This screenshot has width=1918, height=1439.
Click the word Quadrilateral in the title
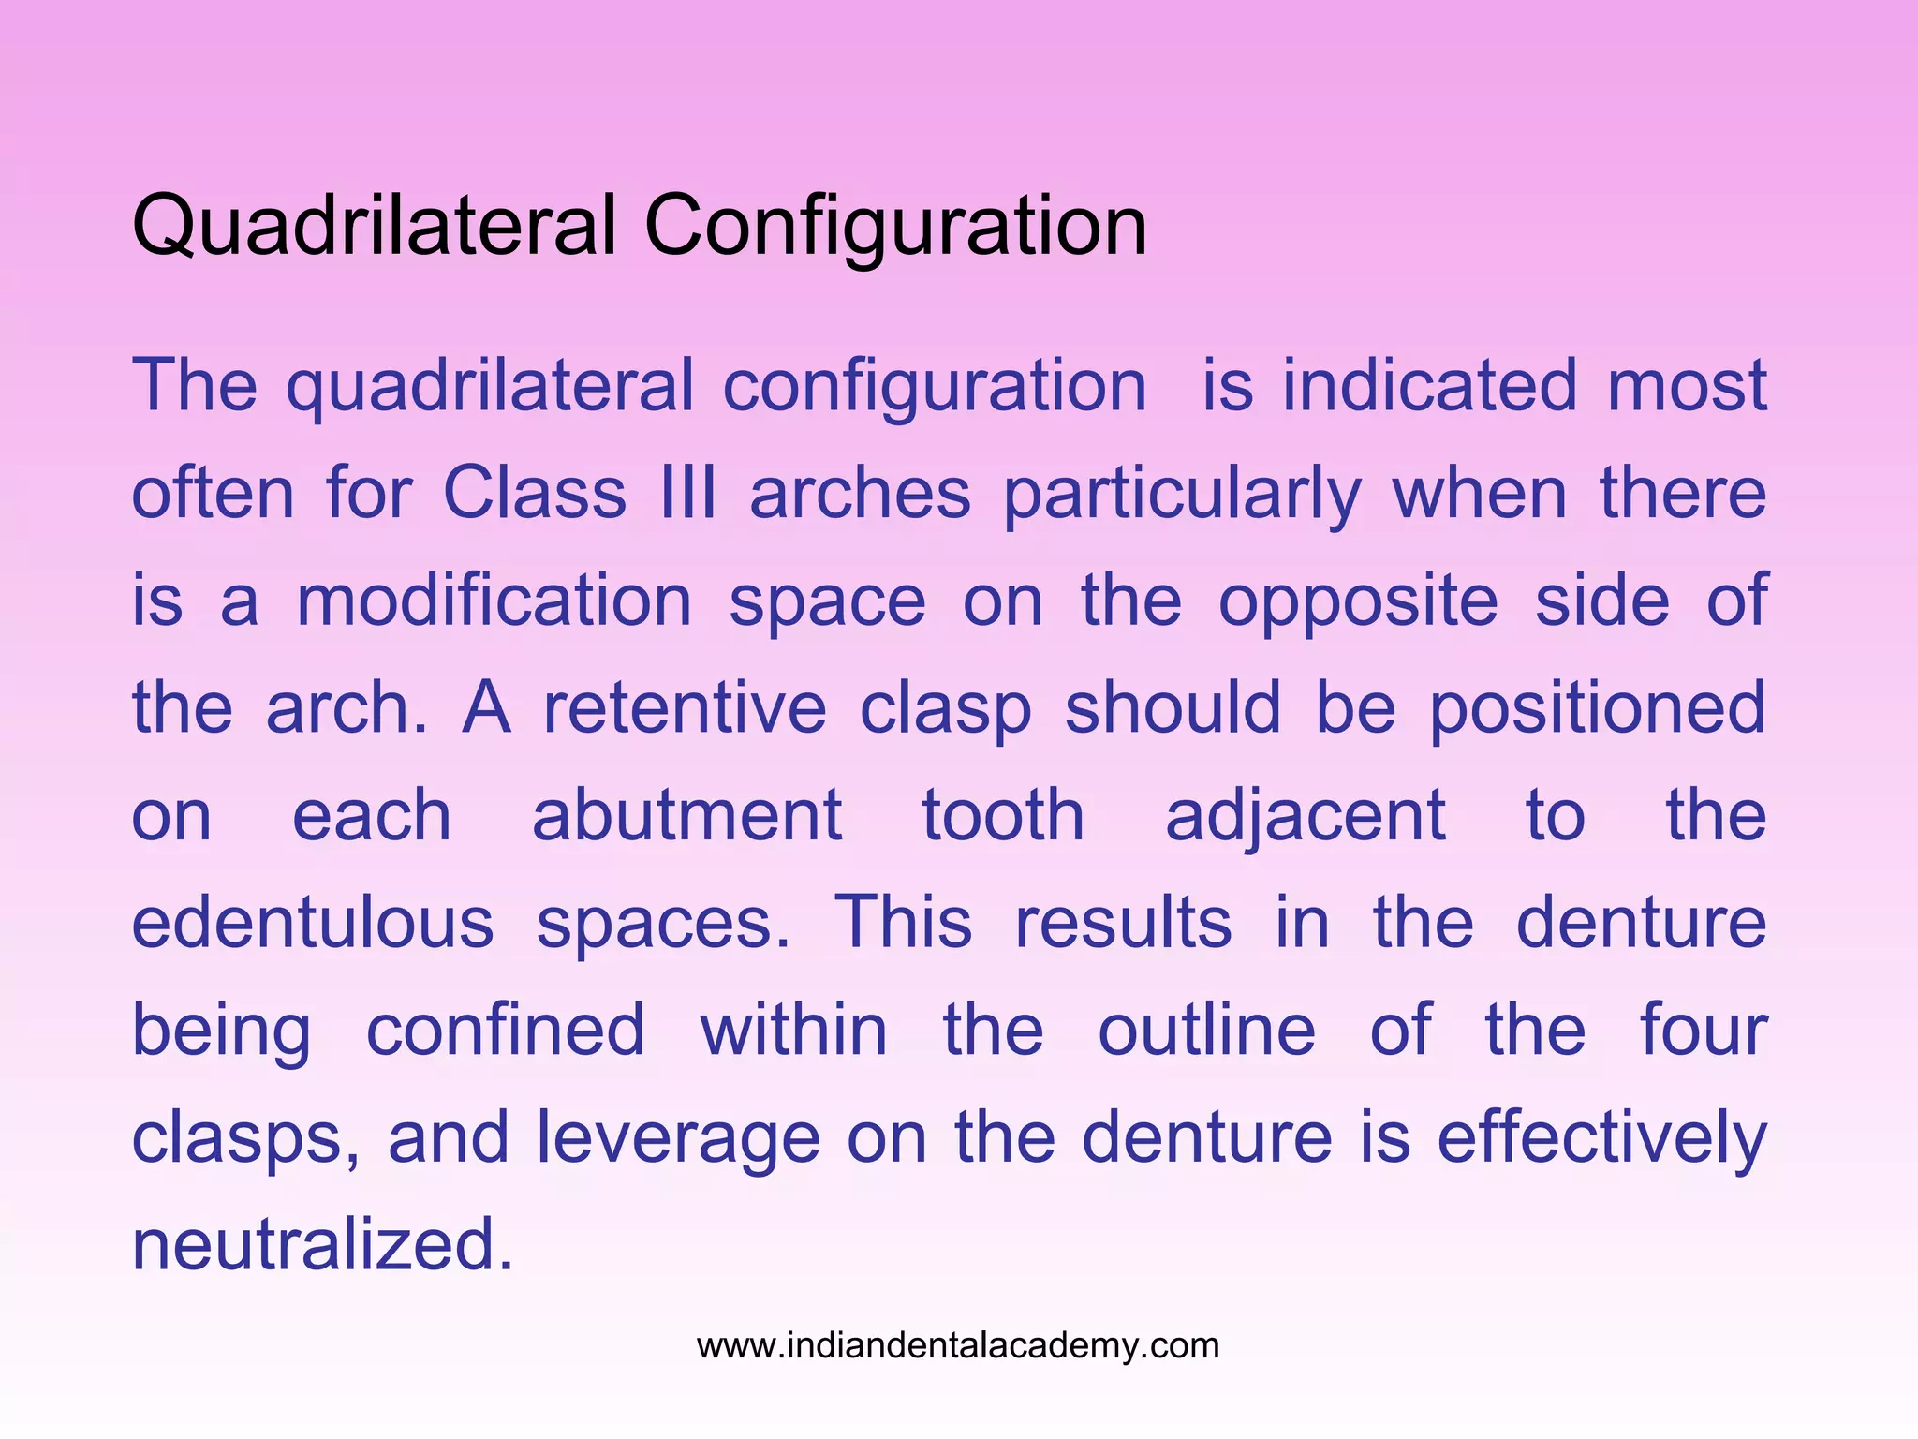pyautogui.click(x=374, y=226)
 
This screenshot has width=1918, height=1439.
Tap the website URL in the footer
pyautogui.click(x=958, y=1346)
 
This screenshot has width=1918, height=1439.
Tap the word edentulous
pyautogui.click(x=313, y=923)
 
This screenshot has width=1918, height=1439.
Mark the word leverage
pyautogui.click(x=678, y=1137)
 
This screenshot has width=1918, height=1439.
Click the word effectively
pyautogui.click(x=1601, y=1137)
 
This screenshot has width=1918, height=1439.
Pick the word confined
pyautogui.click(x=505, y=1030)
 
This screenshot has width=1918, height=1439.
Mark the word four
pyautogui.click(x=1704, y=1030)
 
